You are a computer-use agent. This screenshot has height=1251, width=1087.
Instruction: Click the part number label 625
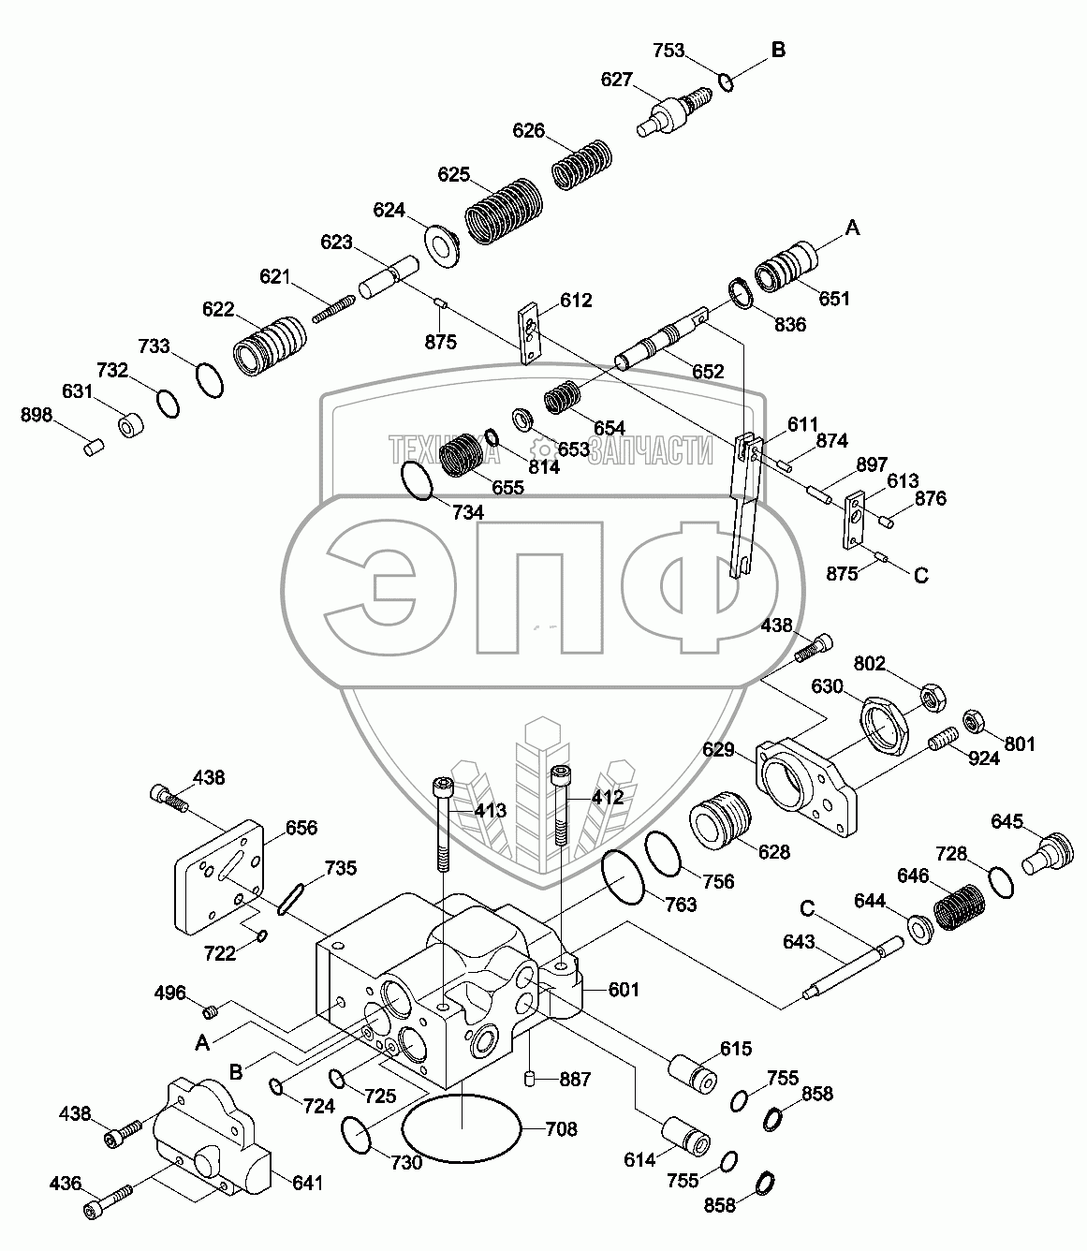454,175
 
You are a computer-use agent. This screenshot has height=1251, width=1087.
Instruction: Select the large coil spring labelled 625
504,212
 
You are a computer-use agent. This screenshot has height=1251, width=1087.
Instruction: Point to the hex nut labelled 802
933,697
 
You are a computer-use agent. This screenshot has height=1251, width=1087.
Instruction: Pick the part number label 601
624,990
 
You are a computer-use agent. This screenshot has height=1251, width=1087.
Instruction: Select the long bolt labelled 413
442,823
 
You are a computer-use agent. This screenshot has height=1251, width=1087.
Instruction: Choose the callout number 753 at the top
668,51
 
